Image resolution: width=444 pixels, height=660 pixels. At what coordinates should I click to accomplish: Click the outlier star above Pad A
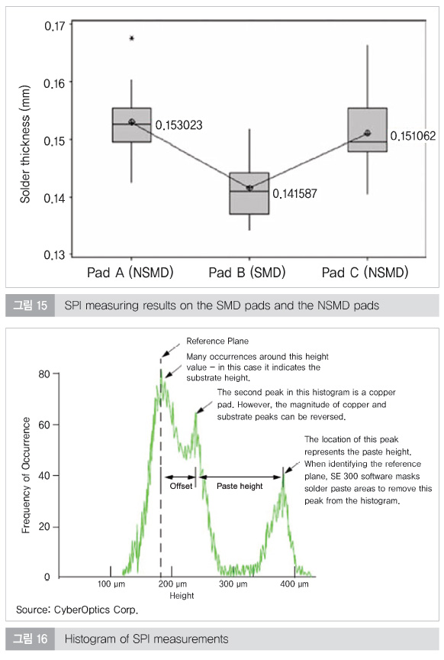132,38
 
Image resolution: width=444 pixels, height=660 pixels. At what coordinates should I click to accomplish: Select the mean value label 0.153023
179,125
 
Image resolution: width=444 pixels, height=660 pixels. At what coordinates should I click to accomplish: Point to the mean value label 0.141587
294,193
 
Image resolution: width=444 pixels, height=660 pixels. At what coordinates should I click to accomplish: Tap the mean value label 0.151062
413,136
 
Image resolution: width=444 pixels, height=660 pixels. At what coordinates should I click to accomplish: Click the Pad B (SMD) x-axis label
247,273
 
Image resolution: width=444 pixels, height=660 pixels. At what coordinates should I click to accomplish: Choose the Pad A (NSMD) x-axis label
130,273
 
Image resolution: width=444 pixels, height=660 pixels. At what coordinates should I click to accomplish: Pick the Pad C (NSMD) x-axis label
365,273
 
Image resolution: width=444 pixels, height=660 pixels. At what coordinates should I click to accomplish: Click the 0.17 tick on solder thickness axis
55,26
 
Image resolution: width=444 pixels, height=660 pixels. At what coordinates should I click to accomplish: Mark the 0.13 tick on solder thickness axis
55,255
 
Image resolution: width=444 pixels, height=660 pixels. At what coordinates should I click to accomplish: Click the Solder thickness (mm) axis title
25,144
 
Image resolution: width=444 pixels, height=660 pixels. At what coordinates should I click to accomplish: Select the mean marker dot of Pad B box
249,188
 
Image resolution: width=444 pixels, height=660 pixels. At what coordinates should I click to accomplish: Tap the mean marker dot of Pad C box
368,133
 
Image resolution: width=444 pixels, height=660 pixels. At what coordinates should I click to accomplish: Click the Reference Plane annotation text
217,341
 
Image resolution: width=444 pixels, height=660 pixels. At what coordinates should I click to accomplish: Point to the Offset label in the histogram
181,486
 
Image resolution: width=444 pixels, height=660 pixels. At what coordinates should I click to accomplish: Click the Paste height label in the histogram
240,486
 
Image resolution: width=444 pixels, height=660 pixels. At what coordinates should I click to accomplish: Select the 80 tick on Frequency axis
43,374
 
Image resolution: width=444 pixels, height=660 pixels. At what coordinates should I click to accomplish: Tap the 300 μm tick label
233,584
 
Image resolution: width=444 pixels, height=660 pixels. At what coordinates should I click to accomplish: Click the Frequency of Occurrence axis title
26,475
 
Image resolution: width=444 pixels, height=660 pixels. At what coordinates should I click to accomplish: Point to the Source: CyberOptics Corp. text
77,610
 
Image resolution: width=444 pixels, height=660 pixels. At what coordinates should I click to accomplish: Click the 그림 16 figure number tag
30,639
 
